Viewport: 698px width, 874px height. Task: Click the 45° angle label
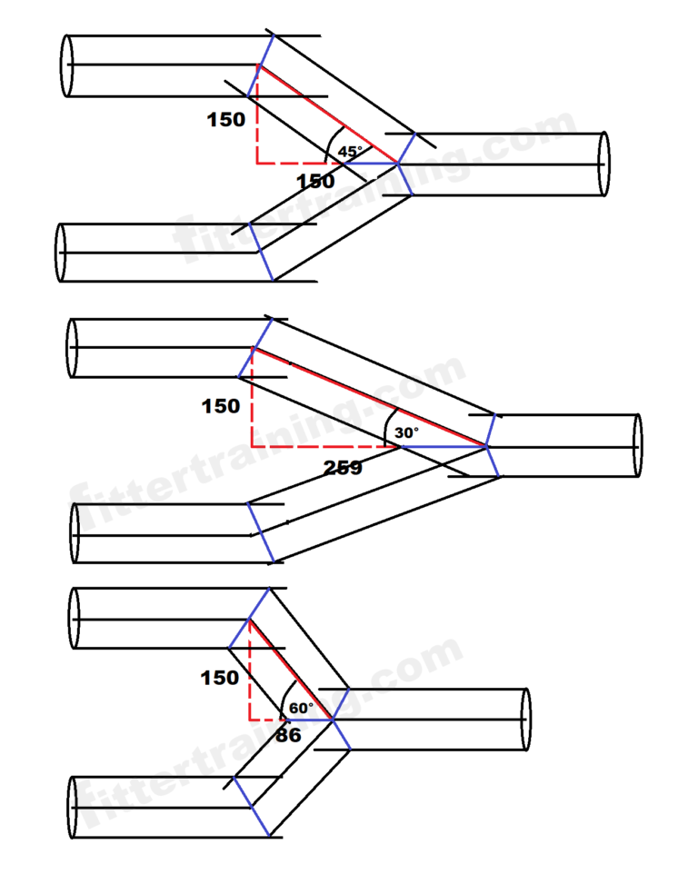coord(350,151)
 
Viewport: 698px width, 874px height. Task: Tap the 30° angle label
coord(406,433)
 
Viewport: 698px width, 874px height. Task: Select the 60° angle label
coord(301,707)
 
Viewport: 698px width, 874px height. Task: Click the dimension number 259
coord(343,468)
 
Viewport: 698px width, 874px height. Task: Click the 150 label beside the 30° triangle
coord(221,406)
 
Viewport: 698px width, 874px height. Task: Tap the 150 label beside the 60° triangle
coord(219,678)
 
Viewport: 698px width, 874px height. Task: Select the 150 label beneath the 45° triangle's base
coord(315,182)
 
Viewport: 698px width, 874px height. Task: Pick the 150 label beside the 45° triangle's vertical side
coord(226,119)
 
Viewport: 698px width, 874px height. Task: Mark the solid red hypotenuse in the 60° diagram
coord(291,670)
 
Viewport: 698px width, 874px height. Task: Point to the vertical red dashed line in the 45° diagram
coord(257,118)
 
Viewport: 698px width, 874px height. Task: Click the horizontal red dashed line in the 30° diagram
coord(323,447)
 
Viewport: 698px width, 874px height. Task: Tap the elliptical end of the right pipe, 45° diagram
coord(603,164)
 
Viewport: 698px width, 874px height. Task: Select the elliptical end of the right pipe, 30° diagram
coord(637,445)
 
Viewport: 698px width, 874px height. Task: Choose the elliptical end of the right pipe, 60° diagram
coord(524,720)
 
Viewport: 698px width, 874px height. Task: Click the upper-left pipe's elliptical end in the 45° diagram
coord(66,65)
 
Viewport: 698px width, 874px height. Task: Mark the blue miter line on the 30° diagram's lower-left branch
coord(260,531)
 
